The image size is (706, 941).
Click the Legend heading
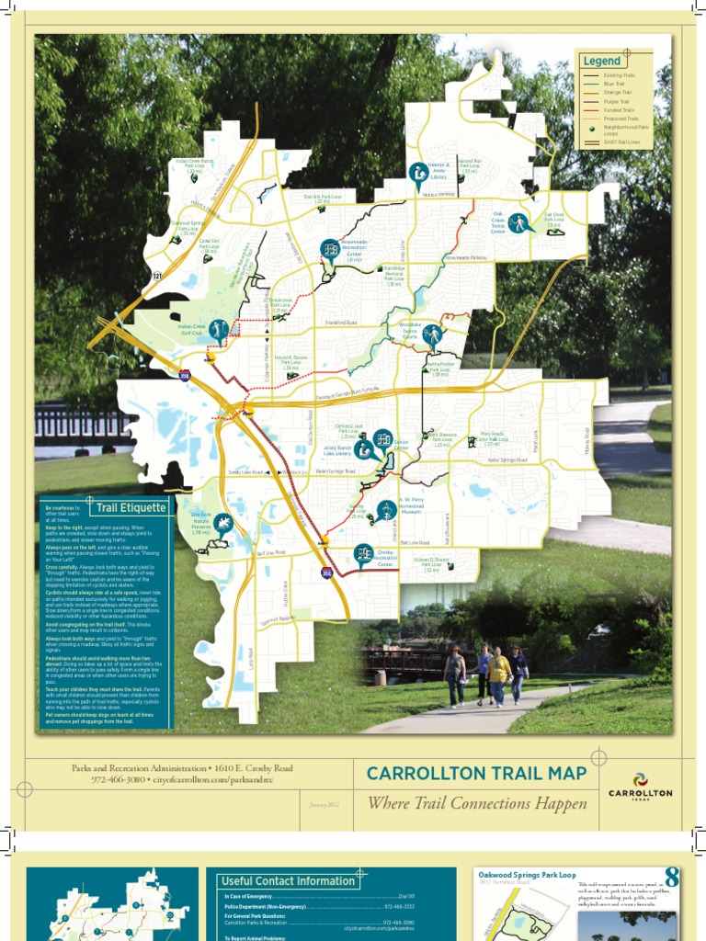[x=602, y=62]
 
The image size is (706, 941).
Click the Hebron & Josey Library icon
[x=417, y=172]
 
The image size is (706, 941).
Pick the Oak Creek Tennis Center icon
[x=518, y=223]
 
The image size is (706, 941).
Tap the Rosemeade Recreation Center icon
[x=330, y=249]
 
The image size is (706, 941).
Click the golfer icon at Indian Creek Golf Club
[x=218, y=329]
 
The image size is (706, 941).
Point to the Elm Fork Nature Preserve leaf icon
[x=222, y=524]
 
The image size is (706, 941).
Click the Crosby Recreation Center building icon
[x=363, y=553]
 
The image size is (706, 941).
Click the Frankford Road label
[x=340, y=323]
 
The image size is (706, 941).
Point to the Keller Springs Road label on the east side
[x=507, y=459]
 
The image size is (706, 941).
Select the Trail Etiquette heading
[x=131, y=507]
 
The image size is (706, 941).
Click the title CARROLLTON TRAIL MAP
[x=476, y=774]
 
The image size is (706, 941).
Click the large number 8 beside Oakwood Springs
[x=672, y=879]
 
